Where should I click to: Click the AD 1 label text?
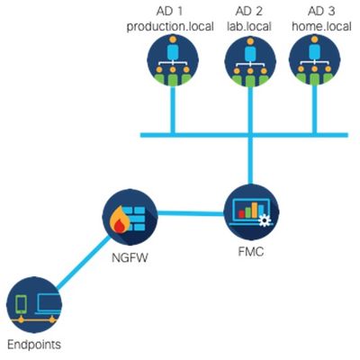pyautogui.click(x=169, y=11)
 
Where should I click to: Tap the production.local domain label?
pyautogui.click(x=170, y=26)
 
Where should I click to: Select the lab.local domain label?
pyautogui.click(x=249, y=26)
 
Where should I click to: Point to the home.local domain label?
pyautogui.click(x=321, y=26)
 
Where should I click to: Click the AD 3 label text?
pyautogui.click(x=321, y=11)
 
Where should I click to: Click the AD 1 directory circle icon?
pyautogui.click(x=173, y=60)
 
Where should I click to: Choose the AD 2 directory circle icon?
pyautogui.click(x=250, y=61)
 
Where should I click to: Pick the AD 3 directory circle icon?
pyautogui.click(x=314, y=59)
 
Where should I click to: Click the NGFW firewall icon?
pyautogui.click(x=130, y=217)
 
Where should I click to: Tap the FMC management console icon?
pyautogui.click(x=251, y=211)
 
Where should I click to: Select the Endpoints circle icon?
pyautogui.click(x=34, y=304)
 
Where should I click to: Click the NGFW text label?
pyautogui.click(x=130, y=257)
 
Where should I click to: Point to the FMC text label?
pyautogui.click(x=251, y=251)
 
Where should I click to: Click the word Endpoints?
pyautogui.click(x=34, y=345)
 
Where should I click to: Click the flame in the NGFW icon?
pyautogui.click(x=120, y=220)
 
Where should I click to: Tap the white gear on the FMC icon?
pyautogui.click(x=264, y=220)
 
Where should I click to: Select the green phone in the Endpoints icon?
pyautogui.click(x=21, y=305)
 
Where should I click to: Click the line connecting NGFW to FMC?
pyautogui.click(x=191, y=213)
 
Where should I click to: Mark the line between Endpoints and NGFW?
pyautogui.click(x=84, y=263)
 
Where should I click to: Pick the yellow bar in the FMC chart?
pyautogui.click(x=255, y=210)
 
